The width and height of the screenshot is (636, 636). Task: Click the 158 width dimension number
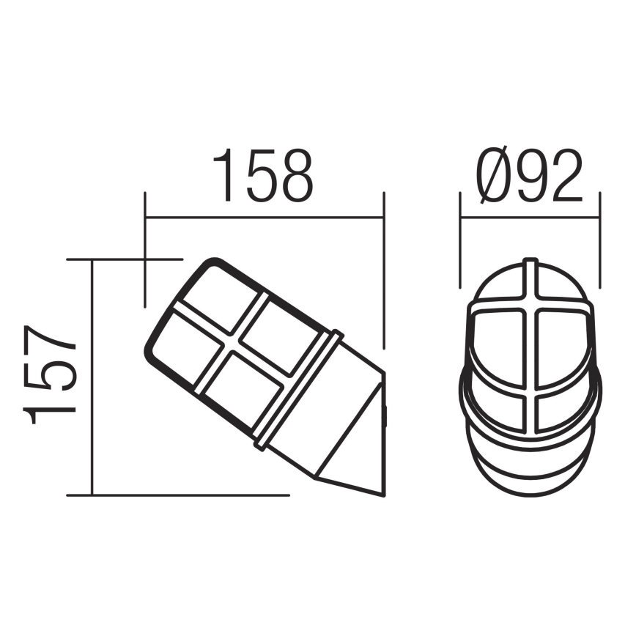(263, 177)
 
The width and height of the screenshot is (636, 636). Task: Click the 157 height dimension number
(51, 376)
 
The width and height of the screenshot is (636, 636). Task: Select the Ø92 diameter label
(529, 177)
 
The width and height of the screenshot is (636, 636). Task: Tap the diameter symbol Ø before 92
(492, 177)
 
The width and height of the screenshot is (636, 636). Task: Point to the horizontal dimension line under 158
(264, 217)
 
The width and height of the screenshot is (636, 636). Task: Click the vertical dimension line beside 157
(92, 377)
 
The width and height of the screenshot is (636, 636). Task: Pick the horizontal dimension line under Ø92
(529, 217)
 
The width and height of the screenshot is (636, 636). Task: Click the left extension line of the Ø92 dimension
(459, 242)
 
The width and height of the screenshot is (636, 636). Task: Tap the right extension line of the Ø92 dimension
(599, 242)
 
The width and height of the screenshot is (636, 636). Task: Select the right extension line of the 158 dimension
(383, 271)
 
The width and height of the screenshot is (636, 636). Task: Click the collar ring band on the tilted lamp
(297, 388)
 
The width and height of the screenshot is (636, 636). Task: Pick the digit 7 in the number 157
(51, 344)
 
